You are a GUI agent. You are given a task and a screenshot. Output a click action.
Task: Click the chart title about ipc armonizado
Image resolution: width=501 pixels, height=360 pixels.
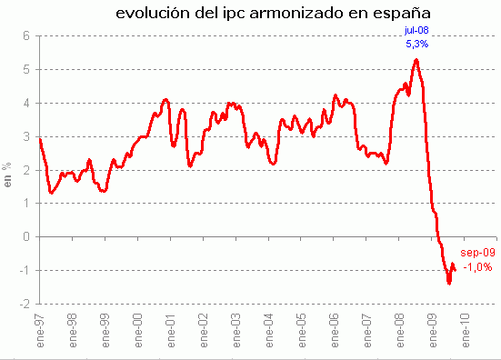274,14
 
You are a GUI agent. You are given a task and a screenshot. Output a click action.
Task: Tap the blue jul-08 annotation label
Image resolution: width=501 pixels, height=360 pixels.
416,30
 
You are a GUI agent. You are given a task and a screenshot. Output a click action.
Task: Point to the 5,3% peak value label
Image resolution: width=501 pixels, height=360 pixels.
416,43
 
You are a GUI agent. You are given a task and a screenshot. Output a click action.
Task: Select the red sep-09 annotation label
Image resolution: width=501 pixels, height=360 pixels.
476,253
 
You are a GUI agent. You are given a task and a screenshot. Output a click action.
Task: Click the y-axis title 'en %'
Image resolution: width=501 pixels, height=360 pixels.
8,174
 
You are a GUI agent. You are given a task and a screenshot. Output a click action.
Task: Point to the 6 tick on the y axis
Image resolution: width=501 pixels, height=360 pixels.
27,35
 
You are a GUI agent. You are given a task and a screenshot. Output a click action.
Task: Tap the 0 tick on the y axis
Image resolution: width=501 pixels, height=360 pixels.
27,236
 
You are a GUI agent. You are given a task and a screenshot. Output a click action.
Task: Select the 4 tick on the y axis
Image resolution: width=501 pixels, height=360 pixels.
27,103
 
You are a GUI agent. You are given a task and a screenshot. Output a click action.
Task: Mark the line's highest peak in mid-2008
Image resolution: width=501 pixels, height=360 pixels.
416,60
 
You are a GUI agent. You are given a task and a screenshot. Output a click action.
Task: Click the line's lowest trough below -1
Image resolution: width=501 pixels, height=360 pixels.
449,283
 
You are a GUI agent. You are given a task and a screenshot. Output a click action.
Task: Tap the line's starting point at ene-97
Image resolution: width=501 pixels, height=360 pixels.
40,138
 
